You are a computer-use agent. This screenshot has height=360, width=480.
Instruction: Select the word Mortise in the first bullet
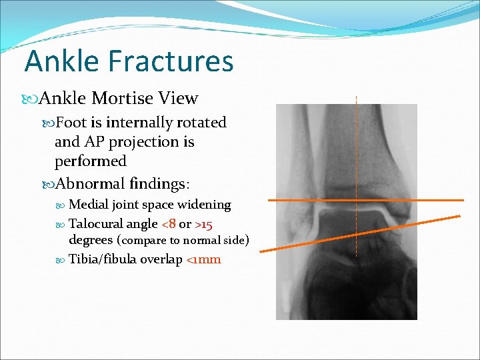click(122, 99)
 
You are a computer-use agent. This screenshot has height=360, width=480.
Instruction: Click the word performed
click(90, 161)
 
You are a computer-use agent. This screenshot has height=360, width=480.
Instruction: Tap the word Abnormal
click(88, 183)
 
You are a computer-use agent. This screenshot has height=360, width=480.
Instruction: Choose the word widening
click(203, 205)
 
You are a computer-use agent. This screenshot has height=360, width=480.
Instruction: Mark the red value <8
click(169, 224)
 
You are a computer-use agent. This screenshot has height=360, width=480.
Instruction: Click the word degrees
click(91, 240)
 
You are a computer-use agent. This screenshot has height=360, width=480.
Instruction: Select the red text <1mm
click(203, 259)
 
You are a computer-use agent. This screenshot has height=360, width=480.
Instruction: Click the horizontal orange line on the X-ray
click(300, 200)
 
